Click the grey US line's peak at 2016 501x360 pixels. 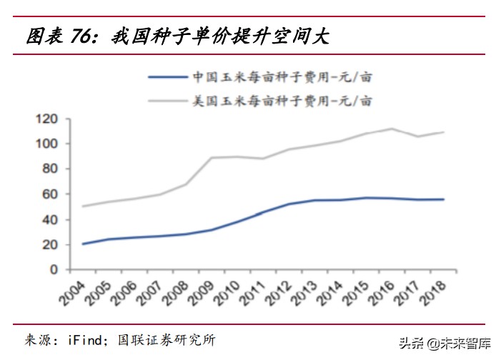[x=391, y=129]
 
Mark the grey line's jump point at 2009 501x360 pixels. [x=211, y=158]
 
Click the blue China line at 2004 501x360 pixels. [x=84, y=244]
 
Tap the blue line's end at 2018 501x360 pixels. [x=444, y=199]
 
